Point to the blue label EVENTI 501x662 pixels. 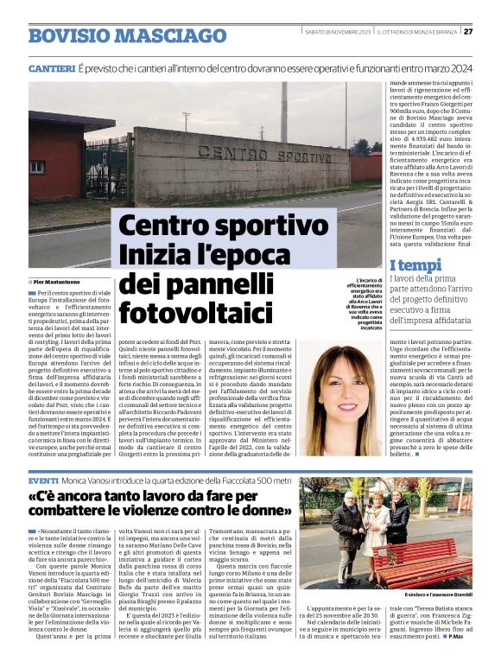coord(43,479)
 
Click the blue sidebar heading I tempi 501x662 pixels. coord(415,265)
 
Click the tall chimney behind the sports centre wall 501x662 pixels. coord(284,112)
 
